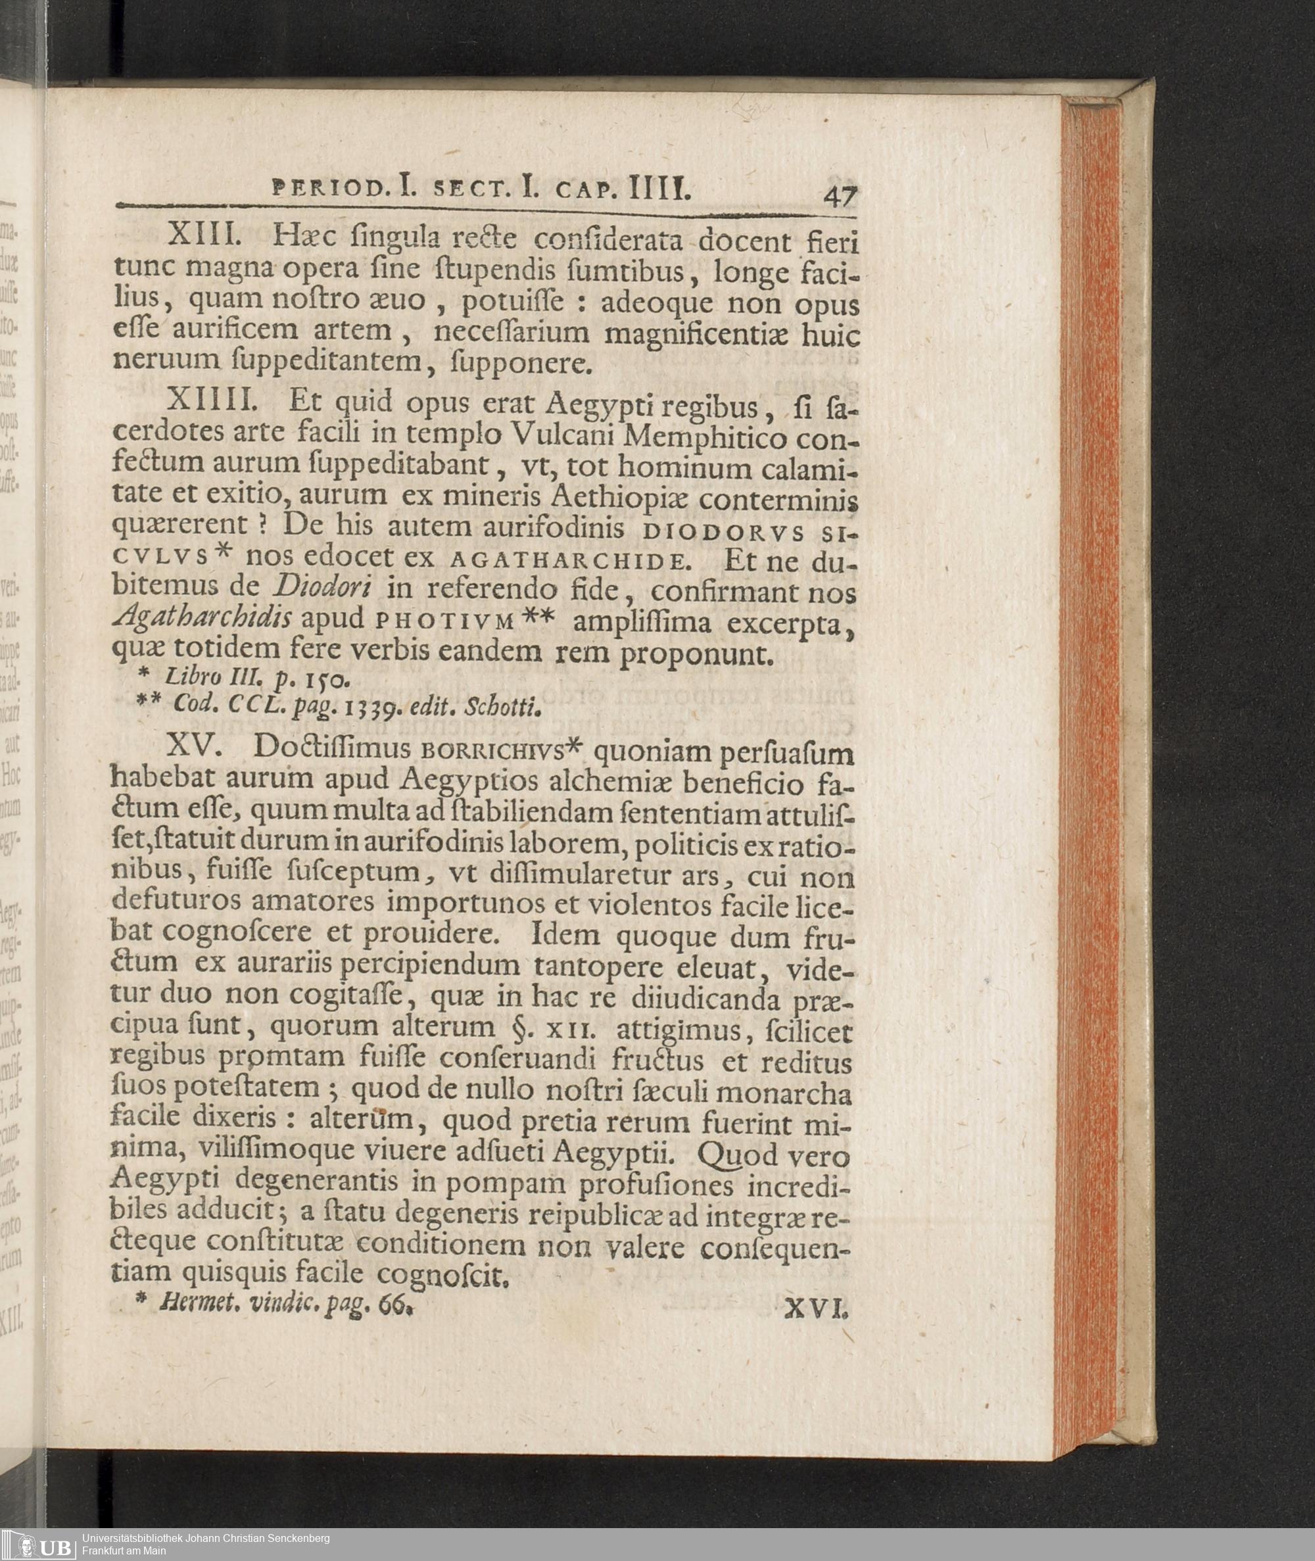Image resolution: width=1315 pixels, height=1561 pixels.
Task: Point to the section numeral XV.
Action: [x=196, y=746]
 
